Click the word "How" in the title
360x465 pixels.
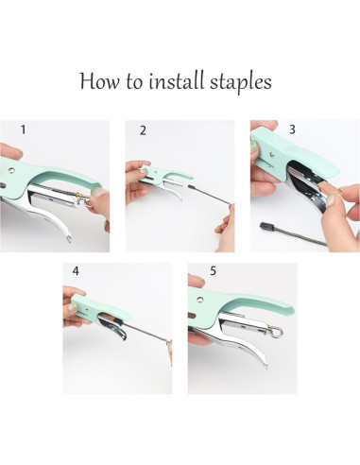pos(100,81)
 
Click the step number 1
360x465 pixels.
pos(23,129)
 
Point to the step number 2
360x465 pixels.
pos(143,130)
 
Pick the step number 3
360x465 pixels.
pos(292,129)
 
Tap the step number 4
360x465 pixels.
pos(76,271)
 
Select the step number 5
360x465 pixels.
pos(214,271)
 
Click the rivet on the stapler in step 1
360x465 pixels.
pos(12,170)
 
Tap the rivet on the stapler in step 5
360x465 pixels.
pos(199,299)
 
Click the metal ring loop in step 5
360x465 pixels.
pos(277,333)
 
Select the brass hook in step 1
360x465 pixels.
pos(81,199)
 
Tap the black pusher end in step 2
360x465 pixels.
pos(191,187)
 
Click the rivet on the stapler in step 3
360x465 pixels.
pos(272,155)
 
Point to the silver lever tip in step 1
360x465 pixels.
pos(68,240)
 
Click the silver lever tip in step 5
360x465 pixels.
pos(266,366)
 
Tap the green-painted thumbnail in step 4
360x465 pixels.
pos(73,306)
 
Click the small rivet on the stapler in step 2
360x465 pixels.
pos(156,172)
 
